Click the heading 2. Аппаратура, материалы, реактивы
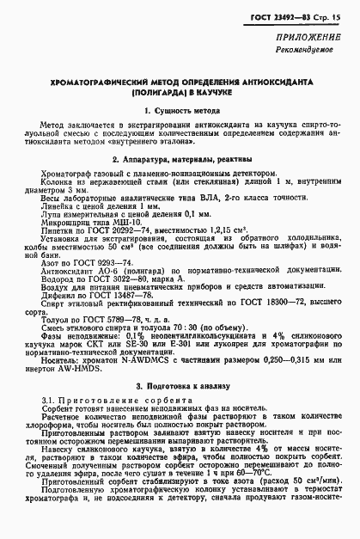(x=181, y=160)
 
